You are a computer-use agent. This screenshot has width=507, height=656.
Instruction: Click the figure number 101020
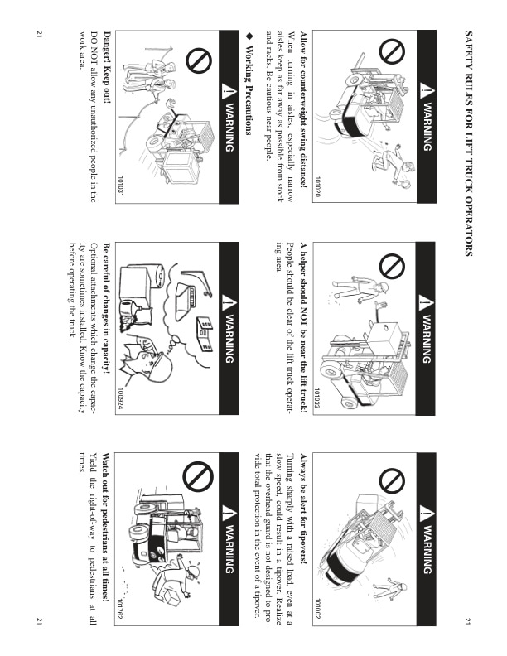pos(318,186)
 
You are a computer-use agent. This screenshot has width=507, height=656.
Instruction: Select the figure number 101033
pos(317,398)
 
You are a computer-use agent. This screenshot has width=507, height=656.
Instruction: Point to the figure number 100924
pos(121,398)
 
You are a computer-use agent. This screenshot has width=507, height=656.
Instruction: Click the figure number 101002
pos(318,609)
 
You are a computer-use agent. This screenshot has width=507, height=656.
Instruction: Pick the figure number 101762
pos(121,610)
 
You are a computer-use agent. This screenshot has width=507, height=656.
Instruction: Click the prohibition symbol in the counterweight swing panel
pos(392,51)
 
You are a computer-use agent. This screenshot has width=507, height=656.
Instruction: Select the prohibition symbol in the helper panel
pos(392,266)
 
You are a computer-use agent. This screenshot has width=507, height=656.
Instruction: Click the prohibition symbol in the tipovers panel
pos(392,480)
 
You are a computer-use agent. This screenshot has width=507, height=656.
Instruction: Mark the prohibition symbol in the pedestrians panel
pos(199,476)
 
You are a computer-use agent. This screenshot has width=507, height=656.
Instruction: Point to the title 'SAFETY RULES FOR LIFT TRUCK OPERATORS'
pos(469,143)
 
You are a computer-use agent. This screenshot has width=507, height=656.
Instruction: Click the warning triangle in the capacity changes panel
pos(228,302)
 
